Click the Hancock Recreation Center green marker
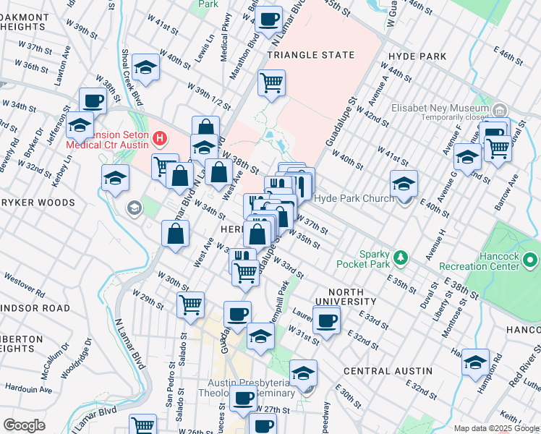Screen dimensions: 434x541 tap(532, 258)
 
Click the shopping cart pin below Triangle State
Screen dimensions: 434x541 tap(271, 83)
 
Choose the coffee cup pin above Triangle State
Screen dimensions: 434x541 tap(269, 20)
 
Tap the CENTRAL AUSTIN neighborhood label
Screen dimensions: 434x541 tap(388, 371)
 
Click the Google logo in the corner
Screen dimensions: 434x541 tap(24, 425)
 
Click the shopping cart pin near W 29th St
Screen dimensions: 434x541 tap(191, 305)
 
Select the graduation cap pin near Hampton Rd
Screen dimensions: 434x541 tap(475, 362)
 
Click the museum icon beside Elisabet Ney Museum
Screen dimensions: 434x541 tap(500, 109)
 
